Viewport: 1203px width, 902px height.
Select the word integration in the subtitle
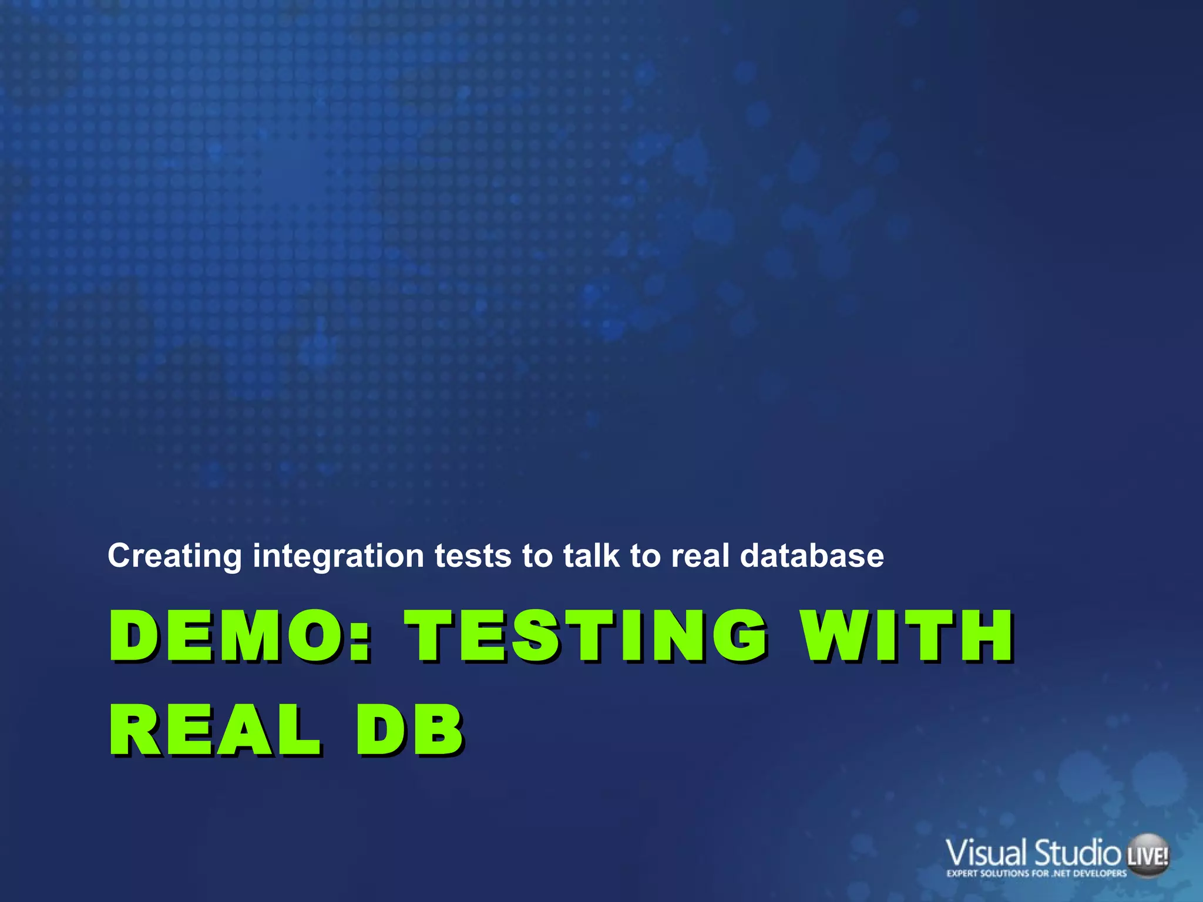[338, 556]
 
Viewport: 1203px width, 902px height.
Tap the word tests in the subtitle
[473, 556]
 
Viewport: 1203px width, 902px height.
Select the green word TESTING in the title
[588, 635]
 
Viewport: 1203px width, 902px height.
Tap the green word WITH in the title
[908, 635]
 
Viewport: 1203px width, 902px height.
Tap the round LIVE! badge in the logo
[1148, 856]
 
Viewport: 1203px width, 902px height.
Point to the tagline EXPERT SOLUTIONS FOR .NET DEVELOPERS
[1037, 874]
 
